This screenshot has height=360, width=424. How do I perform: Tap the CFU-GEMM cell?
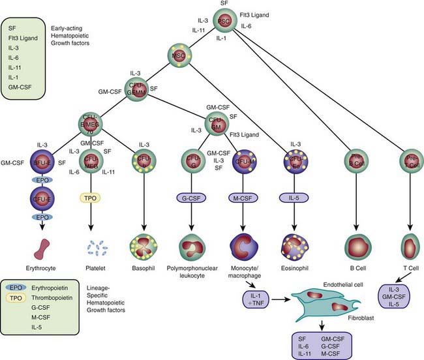pyautogui.click(x=135, y=87)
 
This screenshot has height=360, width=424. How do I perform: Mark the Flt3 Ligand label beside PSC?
pyautogui.click(x=256, y=13)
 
